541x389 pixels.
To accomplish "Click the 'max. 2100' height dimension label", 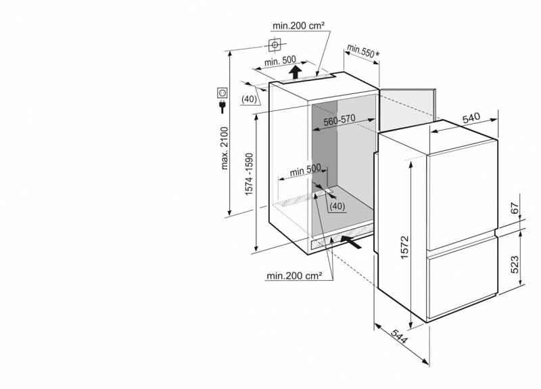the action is click(x=225, y=148).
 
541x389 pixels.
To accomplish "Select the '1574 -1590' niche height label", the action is click(x=249, y=174).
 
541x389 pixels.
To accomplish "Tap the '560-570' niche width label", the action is click(x=339, y=120).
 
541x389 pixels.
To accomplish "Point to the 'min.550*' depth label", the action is click(x=362, y=51).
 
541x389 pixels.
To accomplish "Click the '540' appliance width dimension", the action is click(x=471, y=118).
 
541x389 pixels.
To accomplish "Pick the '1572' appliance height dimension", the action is click(x=404, y=247).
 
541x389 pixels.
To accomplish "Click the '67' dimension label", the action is click(x=515, y=208).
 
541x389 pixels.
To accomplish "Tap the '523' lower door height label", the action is click(x=515, y=265).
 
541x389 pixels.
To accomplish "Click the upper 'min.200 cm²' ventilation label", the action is click(x=298, y=26).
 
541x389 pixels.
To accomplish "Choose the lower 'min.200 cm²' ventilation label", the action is click(x=294, y=276).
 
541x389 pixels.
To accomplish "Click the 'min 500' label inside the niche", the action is click(x=306, y=170).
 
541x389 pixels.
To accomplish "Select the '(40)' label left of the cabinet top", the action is click(x=249, y=99).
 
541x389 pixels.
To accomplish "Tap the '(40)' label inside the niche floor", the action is click(x=337, y=206).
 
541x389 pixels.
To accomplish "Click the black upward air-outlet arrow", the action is click(x=295, y=72).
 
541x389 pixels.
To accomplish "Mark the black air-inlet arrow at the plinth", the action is click(x=351, y=242).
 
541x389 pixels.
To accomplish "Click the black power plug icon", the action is click(x=222, y=106).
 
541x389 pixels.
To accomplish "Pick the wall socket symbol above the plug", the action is click(x=222, y=93).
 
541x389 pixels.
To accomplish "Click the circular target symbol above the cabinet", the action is click(x=275, y=45).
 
